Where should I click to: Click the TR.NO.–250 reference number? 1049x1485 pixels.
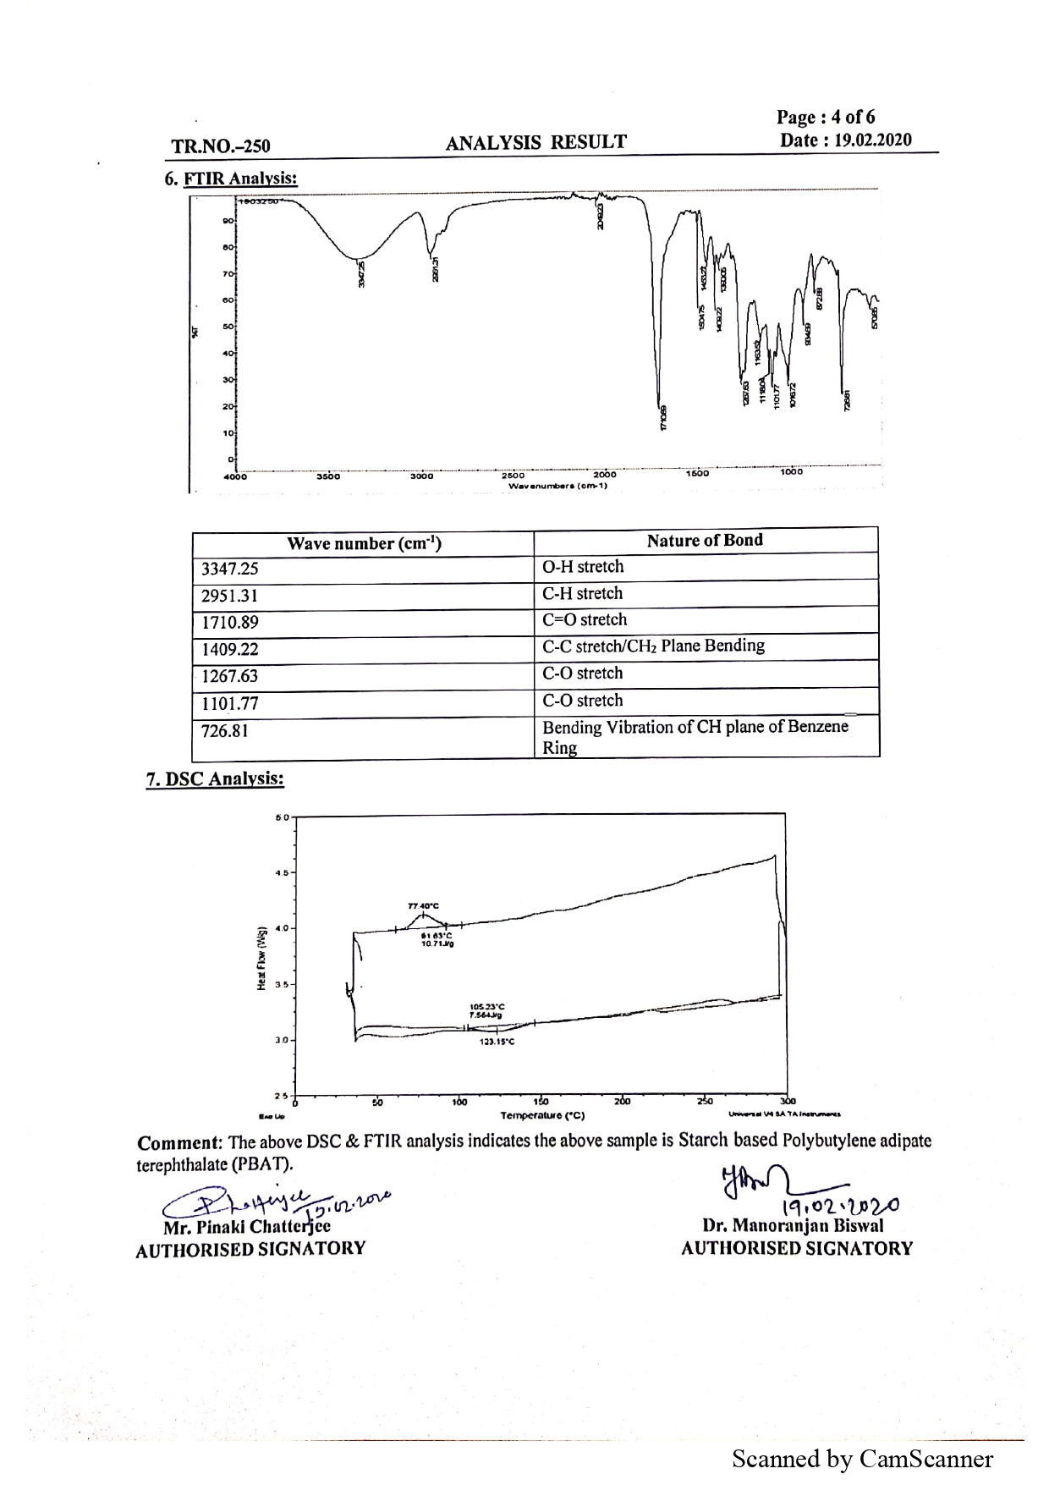(221, 146)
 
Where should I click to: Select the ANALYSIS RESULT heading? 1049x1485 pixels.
(535, 142)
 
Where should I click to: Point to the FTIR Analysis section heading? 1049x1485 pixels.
(231, 179)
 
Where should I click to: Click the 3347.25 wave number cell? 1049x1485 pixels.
(230, 569)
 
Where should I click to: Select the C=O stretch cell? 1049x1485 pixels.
(585, 619)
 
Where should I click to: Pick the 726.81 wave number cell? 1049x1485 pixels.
(225, 731)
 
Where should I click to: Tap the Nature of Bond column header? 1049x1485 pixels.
(705, 541)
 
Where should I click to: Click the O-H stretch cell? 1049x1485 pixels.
(583, 567)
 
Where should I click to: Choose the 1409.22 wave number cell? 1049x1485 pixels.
(230, 650)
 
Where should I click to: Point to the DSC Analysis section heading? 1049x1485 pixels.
(215, 778)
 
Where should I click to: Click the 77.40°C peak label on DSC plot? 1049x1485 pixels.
(423, 905)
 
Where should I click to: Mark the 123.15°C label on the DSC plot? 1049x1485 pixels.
(497, 1042)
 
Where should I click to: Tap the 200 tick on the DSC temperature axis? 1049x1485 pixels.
(622, 1102)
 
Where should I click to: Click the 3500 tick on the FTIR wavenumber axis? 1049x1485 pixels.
(328, 476)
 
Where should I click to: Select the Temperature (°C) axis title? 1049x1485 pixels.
(542, 1115)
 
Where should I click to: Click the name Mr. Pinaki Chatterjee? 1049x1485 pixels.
(247, 1227)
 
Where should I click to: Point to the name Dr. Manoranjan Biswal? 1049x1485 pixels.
(793, 1225)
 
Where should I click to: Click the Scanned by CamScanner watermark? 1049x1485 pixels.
(862, 1459)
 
